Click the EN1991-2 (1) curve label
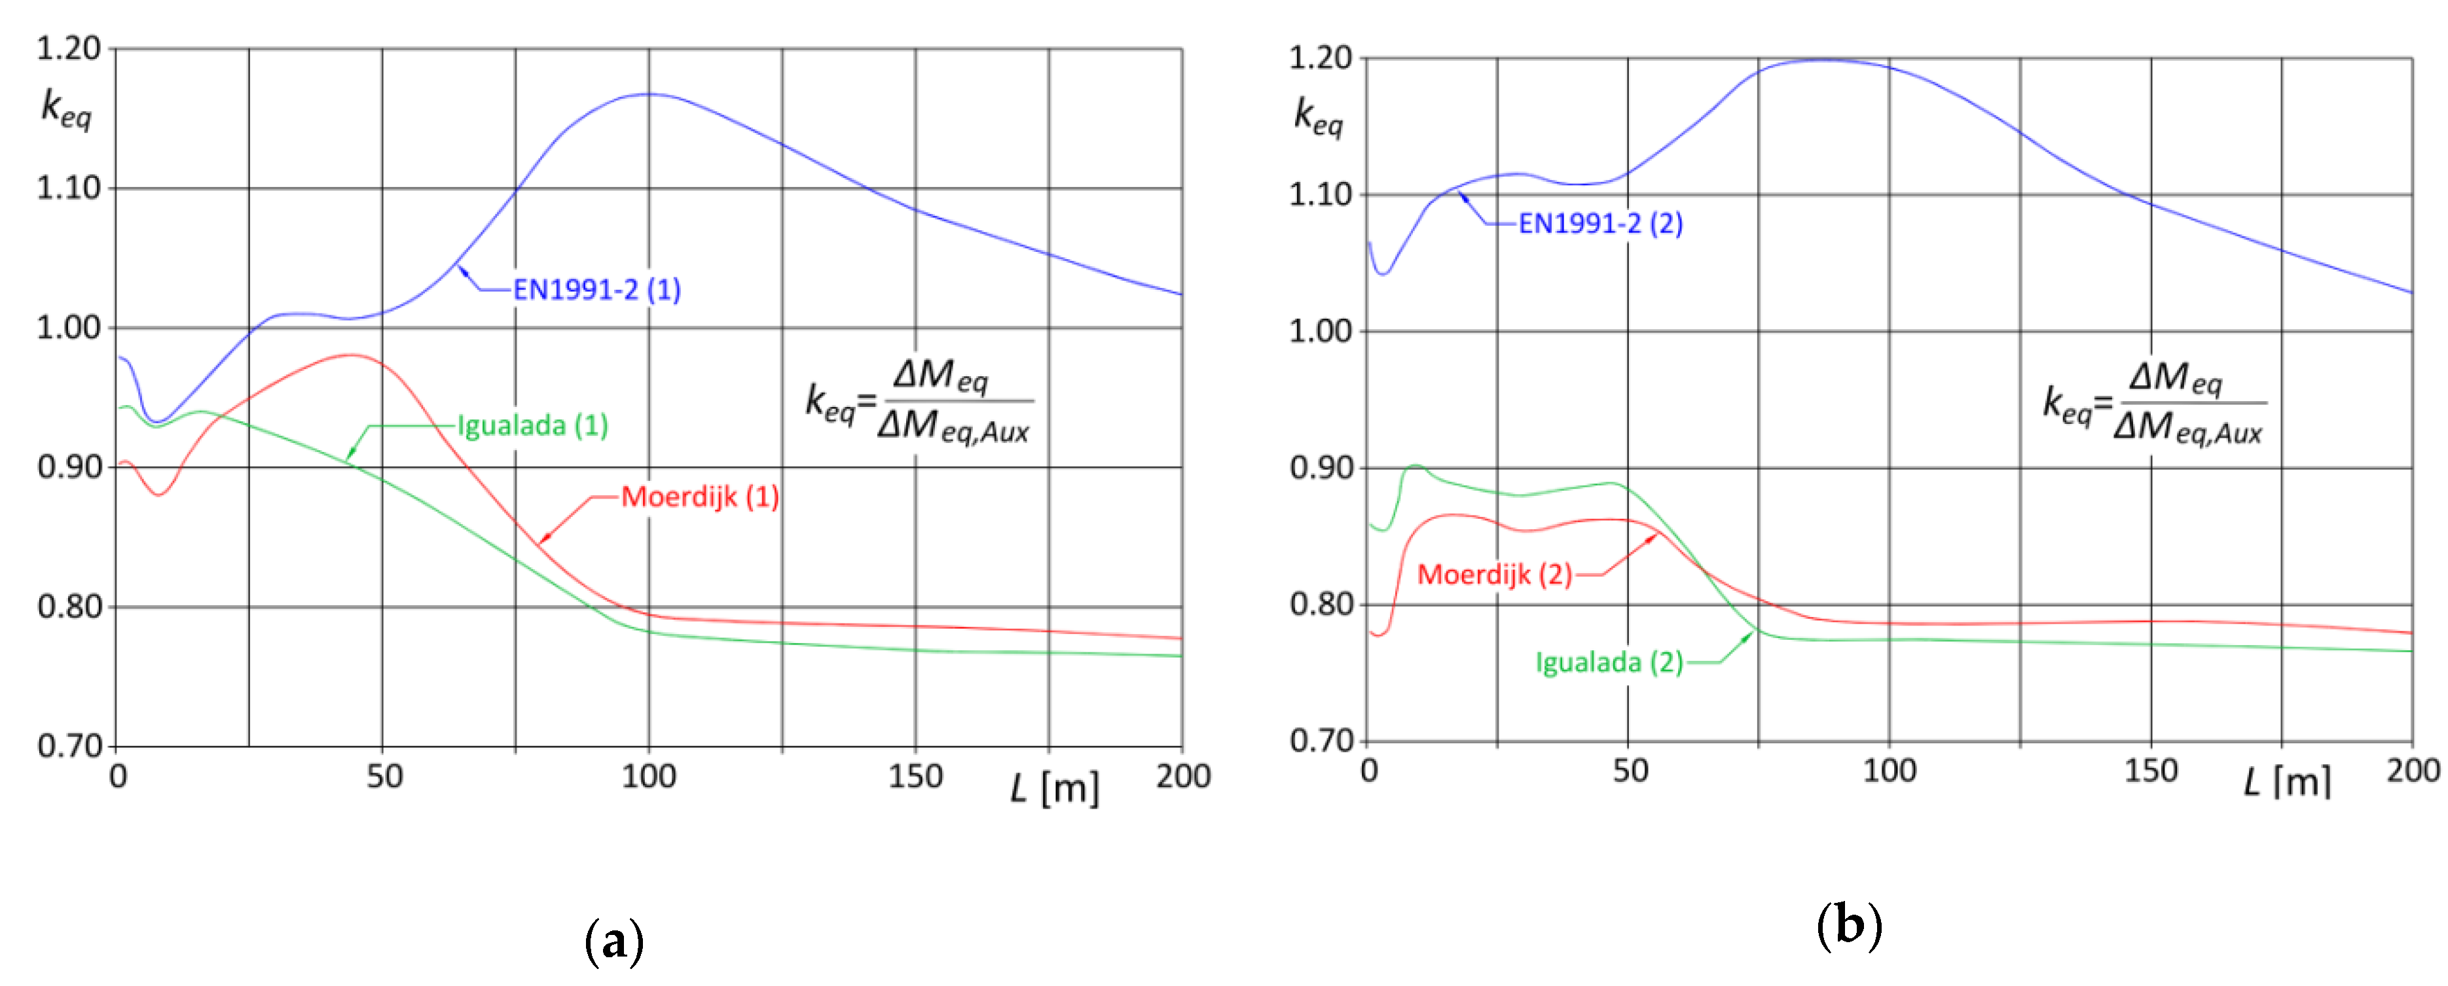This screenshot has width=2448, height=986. click(597, 290)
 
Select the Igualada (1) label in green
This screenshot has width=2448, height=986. click(532, 425)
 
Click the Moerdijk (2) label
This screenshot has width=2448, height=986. click(1494, 574)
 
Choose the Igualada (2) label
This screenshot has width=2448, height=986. click(1609, 662)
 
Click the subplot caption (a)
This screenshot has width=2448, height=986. click(614, 942)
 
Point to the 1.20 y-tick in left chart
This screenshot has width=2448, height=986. click(69, 48)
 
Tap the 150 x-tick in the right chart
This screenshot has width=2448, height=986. click(2151, 770)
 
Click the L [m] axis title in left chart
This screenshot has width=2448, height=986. click(1055, 788)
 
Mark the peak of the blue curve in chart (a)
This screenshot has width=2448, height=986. click(649, 94)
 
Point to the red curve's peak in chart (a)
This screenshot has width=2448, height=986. click(352, 355)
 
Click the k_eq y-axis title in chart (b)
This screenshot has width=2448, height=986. click(1318, 117)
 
